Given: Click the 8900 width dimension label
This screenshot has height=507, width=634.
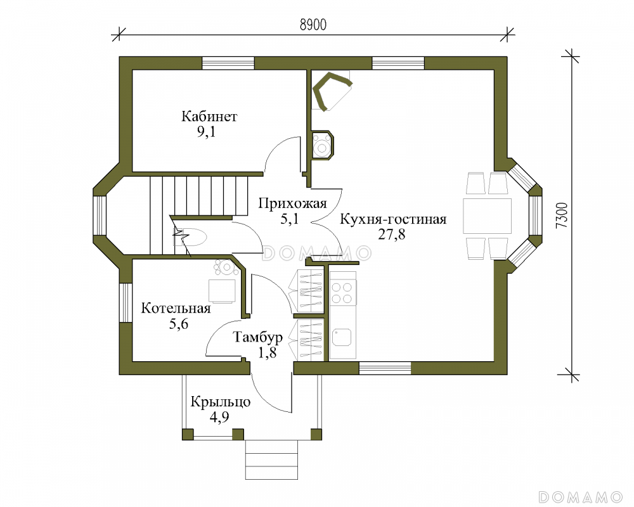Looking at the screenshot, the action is click(x=313, y=25).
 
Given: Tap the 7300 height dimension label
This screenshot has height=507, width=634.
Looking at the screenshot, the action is click(x=562, y=215).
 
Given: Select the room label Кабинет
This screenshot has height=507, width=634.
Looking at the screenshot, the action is click(x=209, y=117).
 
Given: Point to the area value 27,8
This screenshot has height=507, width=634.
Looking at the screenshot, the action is click(x=391, y=234).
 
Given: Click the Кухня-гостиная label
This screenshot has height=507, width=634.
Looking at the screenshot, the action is click(x=393, y=219).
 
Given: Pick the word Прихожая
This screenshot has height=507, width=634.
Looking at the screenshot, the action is click(x=292, y=203).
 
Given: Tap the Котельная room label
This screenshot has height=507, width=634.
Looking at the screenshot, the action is click(x=176, y=309).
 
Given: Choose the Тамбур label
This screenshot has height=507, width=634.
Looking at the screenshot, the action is click(x=258, y=337).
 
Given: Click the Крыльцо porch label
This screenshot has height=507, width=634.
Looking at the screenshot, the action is click(x=221, y=402).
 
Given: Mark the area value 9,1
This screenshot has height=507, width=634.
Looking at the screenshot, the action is click(x=206, y=132).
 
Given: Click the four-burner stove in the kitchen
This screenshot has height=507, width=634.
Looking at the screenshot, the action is click(x=342, y=293).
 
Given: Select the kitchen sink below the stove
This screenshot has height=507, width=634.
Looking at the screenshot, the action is click(x=342, y=337).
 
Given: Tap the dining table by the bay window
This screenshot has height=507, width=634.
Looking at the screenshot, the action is click(x=487, y=215).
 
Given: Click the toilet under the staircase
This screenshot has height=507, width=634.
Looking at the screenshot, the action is click(x=190, y=237).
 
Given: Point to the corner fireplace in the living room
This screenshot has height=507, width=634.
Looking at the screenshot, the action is click(x=331, y=91).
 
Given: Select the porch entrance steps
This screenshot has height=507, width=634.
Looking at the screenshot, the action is click(x=271, y=459).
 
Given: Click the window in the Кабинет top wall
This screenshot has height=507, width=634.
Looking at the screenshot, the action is click(x=228, y=63).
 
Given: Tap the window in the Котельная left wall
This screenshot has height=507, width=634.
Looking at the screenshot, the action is click(x=126, y=302).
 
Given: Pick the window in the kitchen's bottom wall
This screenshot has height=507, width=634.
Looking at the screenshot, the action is click(x=385, y=368).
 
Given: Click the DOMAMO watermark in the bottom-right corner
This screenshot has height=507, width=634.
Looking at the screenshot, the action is click(x=580, y=497).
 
